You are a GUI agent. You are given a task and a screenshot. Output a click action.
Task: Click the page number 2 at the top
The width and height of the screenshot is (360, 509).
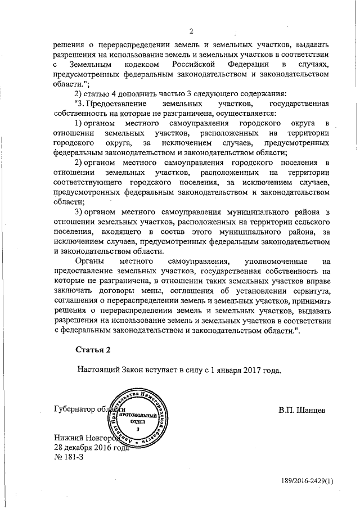[191, 30]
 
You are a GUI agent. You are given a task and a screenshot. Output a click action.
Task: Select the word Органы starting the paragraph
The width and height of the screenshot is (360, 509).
[89, 262]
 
